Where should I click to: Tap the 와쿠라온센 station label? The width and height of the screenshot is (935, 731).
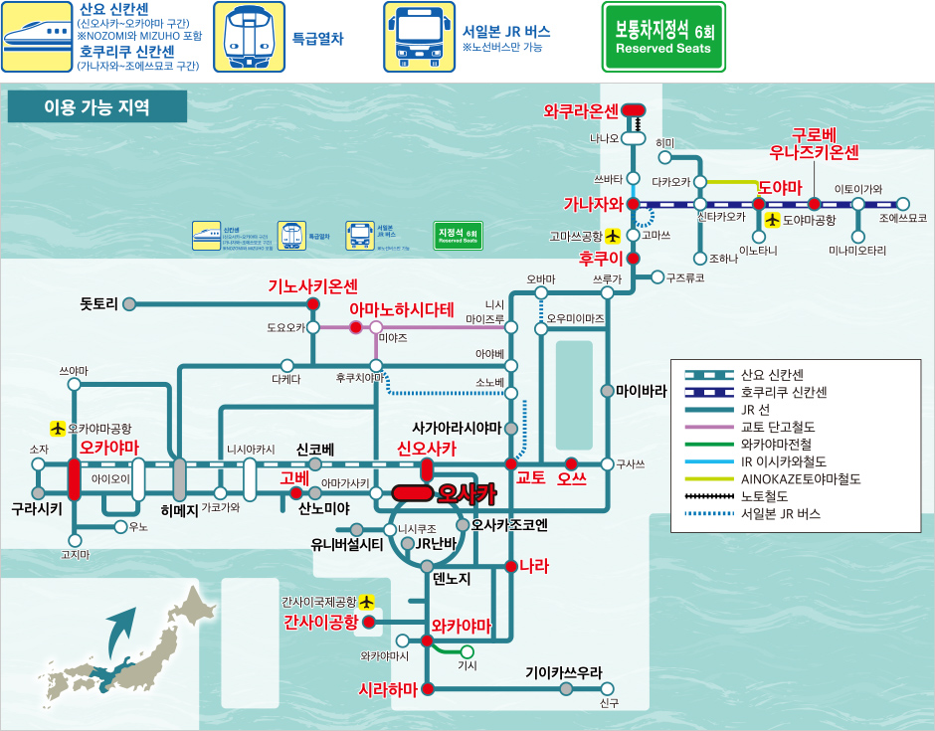(581, 110)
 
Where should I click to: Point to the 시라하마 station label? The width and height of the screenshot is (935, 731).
(389, 689)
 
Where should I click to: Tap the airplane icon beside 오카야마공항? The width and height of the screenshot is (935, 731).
(58, 429)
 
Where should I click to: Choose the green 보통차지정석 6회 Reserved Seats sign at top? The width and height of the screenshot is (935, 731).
(663, 37)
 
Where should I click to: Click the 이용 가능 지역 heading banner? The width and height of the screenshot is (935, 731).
(96, 107)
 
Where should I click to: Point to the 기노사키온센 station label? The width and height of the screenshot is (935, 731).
(312, 285)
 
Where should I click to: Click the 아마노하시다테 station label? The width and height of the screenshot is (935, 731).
(401, 308)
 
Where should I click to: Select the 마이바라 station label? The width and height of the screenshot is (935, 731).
(642, 390)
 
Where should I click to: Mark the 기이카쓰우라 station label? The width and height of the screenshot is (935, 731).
(564, 672)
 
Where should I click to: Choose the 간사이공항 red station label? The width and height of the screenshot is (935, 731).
(320, 623)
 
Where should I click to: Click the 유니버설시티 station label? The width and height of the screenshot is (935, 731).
(347, 544)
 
